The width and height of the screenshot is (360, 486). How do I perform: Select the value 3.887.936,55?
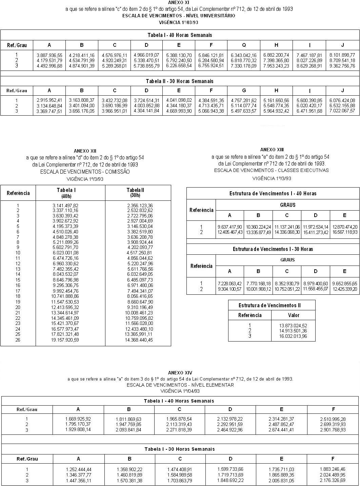[x=49, y=55]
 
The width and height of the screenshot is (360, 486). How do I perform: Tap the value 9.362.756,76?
[x=342, y=66]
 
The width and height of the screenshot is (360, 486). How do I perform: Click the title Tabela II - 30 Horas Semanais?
[x=179, y=81]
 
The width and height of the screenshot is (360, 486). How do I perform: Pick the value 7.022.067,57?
[x=342, y=111]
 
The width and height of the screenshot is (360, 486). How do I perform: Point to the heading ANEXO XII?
[x=85, y=151]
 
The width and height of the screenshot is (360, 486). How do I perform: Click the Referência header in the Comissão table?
[x=18, y=193]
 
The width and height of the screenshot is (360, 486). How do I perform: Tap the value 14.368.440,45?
[x=139, y=340]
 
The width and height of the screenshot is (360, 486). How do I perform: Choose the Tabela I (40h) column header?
[x=66, y=193]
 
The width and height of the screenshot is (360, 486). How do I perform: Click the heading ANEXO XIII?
[x=272, y=150]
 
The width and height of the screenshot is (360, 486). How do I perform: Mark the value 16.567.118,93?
[x=345, y=232]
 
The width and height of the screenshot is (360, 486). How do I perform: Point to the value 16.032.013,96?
[x=293, y=336]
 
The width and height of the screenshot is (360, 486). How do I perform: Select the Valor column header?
[x=294, y=315]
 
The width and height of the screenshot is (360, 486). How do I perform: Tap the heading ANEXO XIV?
[x=180, y=373]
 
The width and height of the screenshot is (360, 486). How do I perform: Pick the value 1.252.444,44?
[x=78, y=469]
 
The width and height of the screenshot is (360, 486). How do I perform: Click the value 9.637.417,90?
[x=230, y=227]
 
